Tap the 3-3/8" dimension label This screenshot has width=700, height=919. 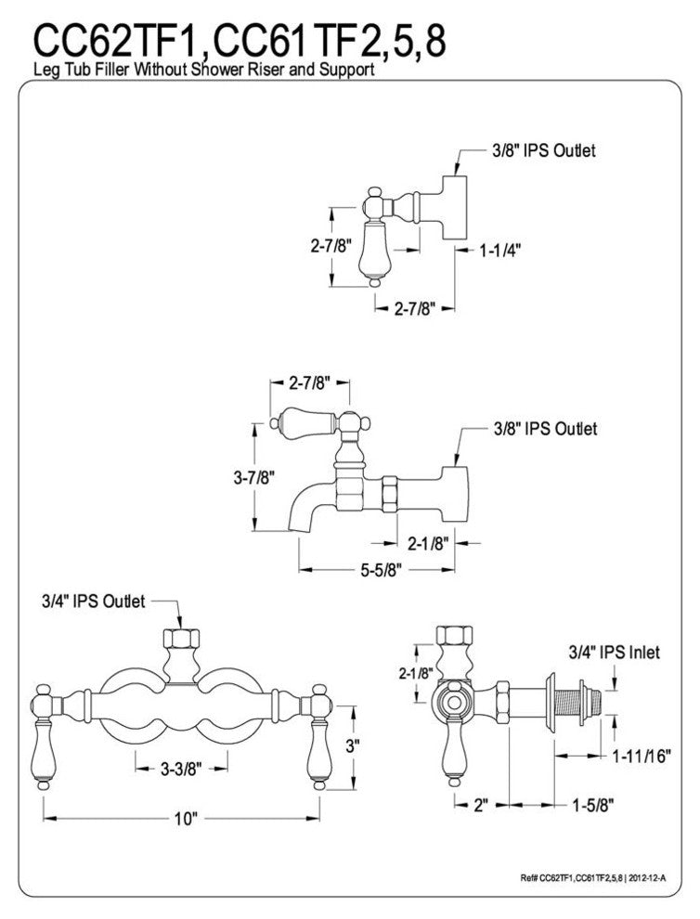pos(181,769)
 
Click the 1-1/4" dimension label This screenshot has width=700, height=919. pos(499,252)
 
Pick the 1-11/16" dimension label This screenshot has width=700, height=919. pos(642,756)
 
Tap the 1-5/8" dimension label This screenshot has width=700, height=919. pos(592,806)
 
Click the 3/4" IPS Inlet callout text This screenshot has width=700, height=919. pos(614,652)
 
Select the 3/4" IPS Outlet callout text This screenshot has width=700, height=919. pos(93,602)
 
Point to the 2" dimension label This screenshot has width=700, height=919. pos(481,806)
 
